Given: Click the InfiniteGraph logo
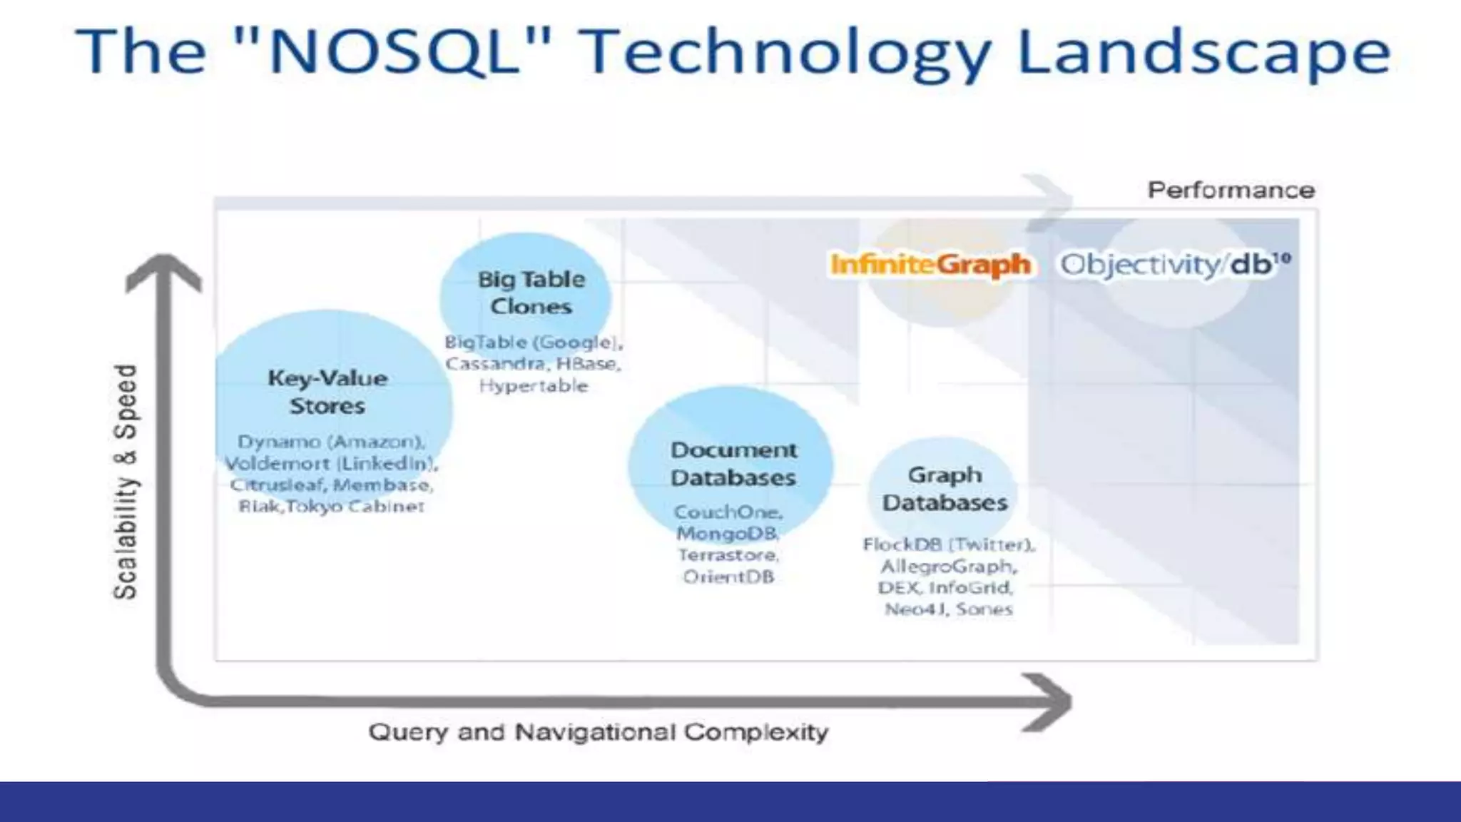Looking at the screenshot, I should pyautogui.click(x=930, y=265).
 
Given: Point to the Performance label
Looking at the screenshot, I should pyautogui.click(x=1231, y=191).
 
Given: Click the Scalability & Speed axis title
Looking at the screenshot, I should pyautogui.click(x=126, y=482).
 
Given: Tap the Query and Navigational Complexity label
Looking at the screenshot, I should pyautogui.click(x=598, y=732).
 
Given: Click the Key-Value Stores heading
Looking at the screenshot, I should pyautogui.click(x=327, y=392).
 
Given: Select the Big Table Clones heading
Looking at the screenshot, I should pyautogui.click(x=531, y=293).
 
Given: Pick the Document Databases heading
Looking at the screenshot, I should pyautogui.click(x=733, y=464).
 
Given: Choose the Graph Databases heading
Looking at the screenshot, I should pyautogui.click(x=945, y=489).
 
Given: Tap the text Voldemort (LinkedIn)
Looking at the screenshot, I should pyautogui.click(x=331, y=464).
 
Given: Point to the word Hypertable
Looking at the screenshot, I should pyautogui.click(x=534, y=386).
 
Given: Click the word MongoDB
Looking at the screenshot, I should pyautogui.click(x=727, y=534).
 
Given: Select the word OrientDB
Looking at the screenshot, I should pyautogui.click(x=728, y=577).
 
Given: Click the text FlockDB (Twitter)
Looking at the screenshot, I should pyautogui.click(x=948, y=545).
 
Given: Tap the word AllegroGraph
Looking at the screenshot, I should pyautogui.click(x=948, y=567).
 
